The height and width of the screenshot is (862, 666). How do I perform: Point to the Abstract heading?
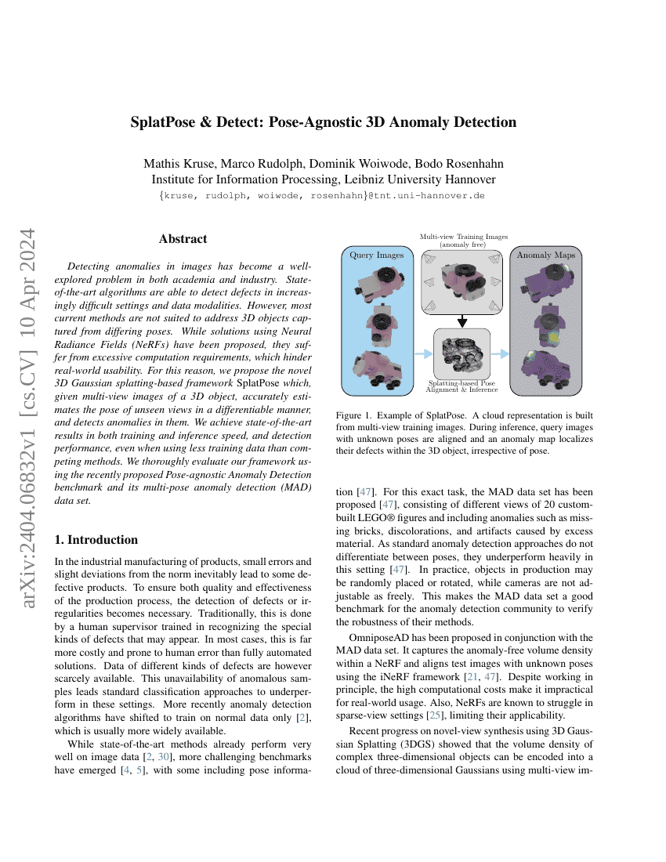point(183,239)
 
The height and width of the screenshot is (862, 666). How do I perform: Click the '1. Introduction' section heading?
point(96,540)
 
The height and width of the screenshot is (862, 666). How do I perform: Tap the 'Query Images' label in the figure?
point(377,255)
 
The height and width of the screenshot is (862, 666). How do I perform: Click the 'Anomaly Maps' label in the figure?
point(545,255)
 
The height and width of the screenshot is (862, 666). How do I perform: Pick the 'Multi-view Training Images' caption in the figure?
point(464,236)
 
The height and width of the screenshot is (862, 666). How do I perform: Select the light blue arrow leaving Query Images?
point(423,354)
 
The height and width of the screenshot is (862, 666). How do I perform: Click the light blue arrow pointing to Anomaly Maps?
point(501,354)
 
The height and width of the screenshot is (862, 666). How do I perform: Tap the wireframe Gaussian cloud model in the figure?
point(462,353)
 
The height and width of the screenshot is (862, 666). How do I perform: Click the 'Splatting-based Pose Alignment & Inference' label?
point(462,386)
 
